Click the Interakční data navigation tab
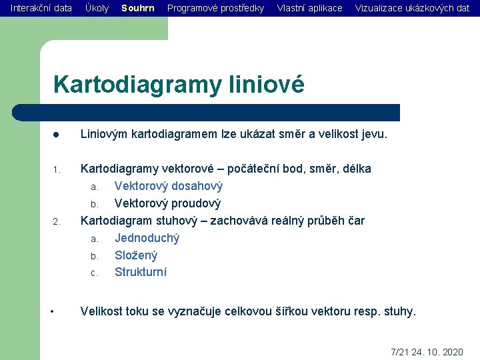(41, 8)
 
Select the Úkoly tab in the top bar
(97, 8)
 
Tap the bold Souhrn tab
(138, 8)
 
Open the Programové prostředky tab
(215, 8)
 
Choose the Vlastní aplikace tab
(309, 8)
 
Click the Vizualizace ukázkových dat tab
(412, 8)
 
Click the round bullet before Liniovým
(57, 135)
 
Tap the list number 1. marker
(57, 170)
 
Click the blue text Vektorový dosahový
(169, 186)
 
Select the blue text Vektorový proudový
(167, 203)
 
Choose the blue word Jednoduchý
(147, 238)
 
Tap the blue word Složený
(136, 255)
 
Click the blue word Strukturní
(141, 272)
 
